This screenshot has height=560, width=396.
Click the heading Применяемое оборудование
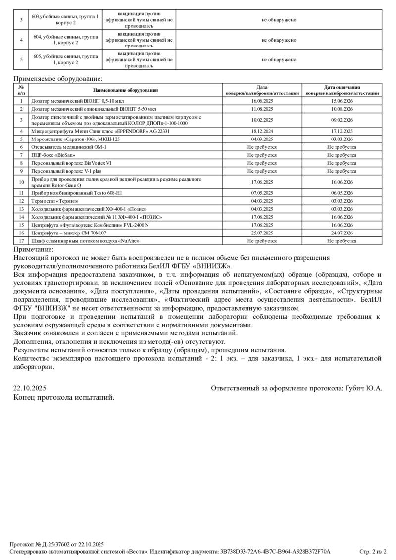58,78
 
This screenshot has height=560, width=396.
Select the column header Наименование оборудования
125,90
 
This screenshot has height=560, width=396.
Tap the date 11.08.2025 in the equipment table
262,109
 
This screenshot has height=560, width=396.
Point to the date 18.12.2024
262,131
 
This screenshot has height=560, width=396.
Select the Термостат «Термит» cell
55,201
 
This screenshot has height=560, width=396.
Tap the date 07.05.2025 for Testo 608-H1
262,193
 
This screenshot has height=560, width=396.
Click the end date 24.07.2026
342,233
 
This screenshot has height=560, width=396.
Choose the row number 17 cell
21,241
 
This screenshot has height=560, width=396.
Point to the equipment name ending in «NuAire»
85,241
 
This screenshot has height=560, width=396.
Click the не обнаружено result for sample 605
279,60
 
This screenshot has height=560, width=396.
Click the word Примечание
33,250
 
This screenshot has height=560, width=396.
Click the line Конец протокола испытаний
64,397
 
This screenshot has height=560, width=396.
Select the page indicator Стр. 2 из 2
372,551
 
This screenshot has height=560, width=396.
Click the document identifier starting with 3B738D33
275,551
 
